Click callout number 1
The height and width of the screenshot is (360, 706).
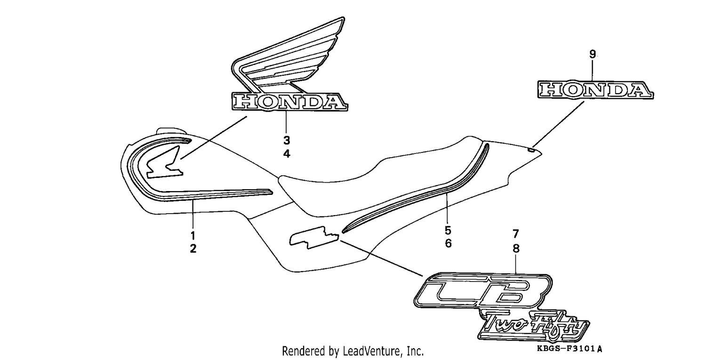[193, 235]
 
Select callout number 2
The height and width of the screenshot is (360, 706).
[193, 249]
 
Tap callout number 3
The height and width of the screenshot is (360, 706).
[287, 140]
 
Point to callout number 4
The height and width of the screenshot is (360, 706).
[287, 154]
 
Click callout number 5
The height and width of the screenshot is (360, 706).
[448, 231]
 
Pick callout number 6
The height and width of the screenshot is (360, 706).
[448, 243]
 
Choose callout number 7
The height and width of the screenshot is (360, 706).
[516, 234]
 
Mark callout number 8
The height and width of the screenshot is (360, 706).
[516, 249]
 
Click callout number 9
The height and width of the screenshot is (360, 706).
[593, 54]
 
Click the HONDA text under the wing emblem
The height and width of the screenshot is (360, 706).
[289, 102]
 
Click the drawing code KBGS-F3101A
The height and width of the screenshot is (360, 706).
[570, 349]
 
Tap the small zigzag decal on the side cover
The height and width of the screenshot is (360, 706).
[314, 237]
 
